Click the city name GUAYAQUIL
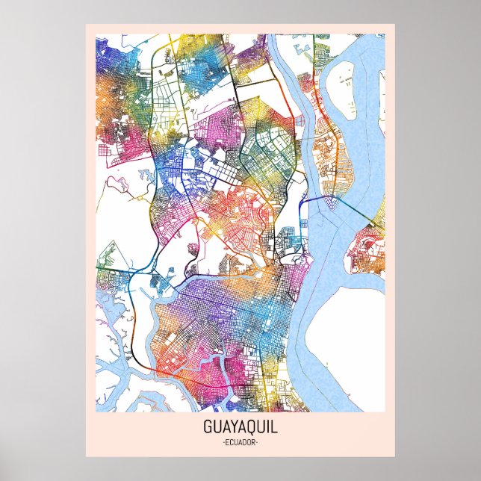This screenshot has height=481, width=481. tap(240, 429)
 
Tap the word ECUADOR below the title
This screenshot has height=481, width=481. tap(240, 443)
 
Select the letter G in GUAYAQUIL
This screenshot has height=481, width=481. tap(207, 429)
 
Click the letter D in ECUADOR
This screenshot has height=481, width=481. tap(244, 443)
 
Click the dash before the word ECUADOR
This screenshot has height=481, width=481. tap(223, 443)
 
